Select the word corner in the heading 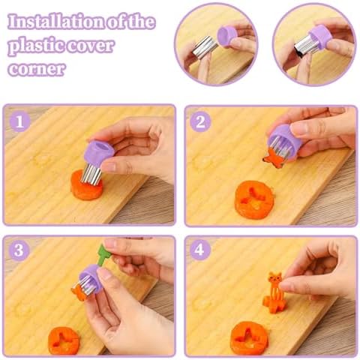(x=37, y=69)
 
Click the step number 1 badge (x=19, y=121)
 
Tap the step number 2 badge (x=200, y=122)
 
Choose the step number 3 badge (x=19, y=250)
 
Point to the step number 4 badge (x=199, y=250)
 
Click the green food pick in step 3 (x=102, y=255)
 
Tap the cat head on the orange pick (x=275, y=277)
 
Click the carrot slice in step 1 (x=86, y=185)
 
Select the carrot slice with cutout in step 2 (x=253, y=199)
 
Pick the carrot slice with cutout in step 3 (x=64, y=340)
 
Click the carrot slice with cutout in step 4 (x=249, y=337)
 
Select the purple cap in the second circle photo (x=321, y=37)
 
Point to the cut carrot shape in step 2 (x=273, y=159)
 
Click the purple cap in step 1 (x=98, y=152)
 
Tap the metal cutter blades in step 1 (x=91, y=173)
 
